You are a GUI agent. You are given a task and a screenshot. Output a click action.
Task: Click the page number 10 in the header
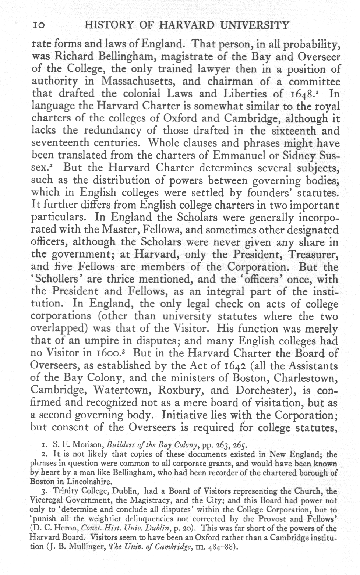38,25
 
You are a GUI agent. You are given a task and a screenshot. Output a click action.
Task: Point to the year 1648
302,94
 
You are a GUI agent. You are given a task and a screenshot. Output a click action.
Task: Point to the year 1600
113,354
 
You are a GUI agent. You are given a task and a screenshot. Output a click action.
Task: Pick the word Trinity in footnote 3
66,491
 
